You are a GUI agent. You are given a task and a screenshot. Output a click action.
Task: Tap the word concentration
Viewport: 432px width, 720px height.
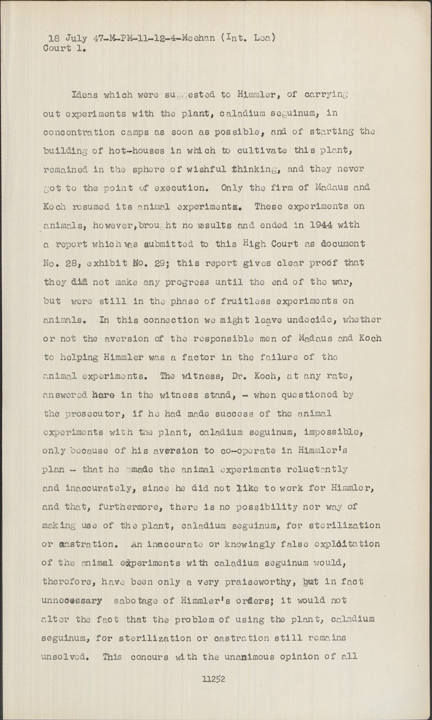pos(82,132)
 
